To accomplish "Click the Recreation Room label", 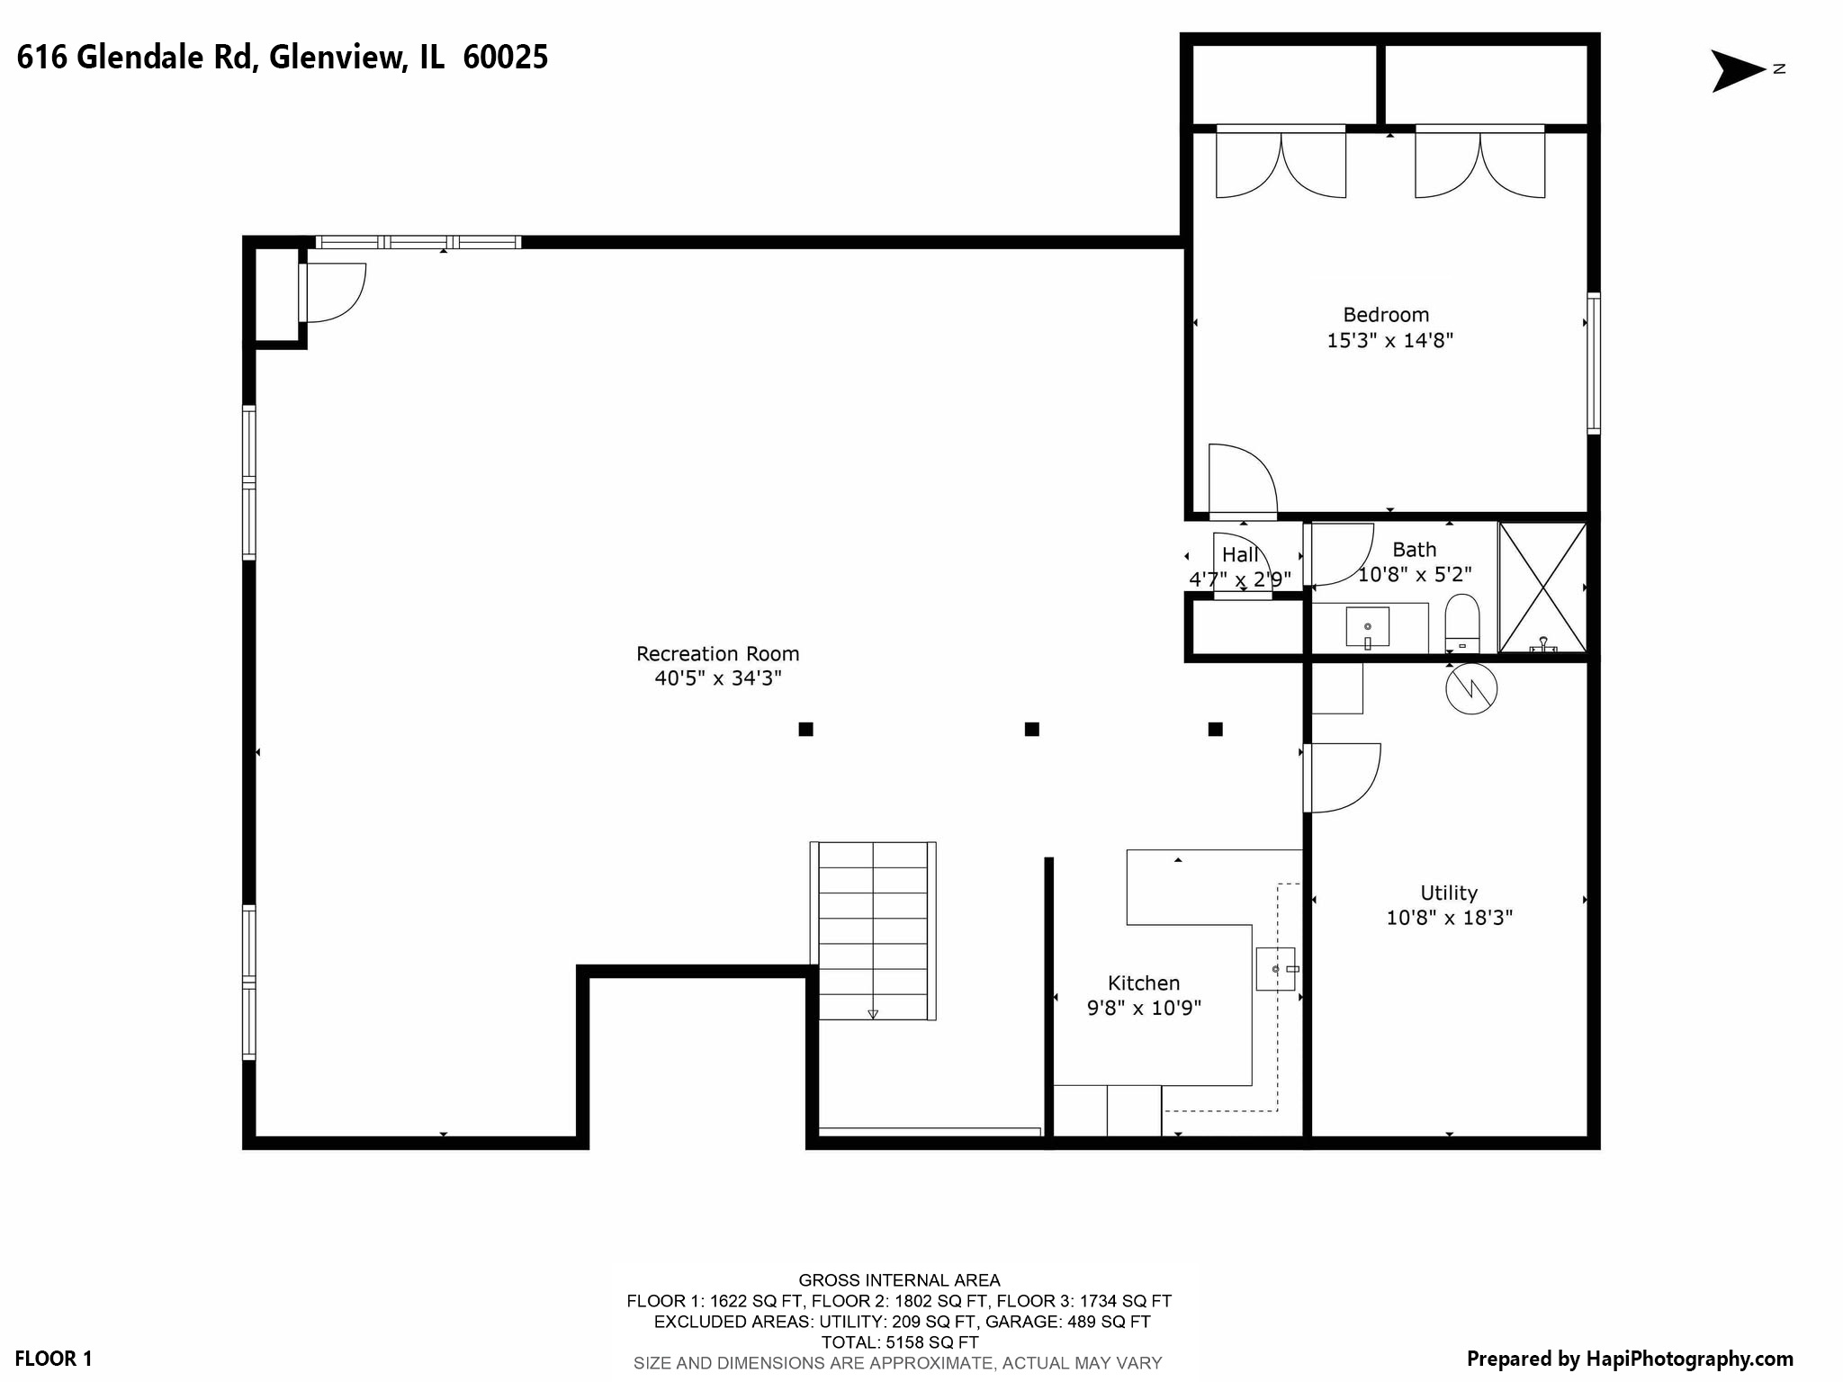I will pos(717,654).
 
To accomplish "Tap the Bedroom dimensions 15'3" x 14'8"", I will pos(1389,341).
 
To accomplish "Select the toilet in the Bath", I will pos(1461,623).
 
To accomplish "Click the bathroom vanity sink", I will pos(1367,626).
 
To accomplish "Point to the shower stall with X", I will pos(1542,588).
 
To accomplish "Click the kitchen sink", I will pos(1275,969).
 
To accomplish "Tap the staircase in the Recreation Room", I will pos(873,931).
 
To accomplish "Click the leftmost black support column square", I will pos(805,729).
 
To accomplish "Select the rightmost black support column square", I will pos(1215,729).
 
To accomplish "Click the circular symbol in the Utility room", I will pos(1470,689).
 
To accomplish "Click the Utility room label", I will pos(1449,893).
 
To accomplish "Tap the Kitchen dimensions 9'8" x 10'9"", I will pos(1144,1008).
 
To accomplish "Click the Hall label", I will pos(1240,555).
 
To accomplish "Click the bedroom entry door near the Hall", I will pos(1242,481).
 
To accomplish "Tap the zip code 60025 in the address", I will pos(505,58).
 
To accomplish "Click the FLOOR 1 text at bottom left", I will pos(53,1359).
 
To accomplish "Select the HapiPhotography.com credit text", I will pos(1630,1359).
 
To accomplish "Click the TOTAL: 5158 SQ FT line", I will pos(899,1342).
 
